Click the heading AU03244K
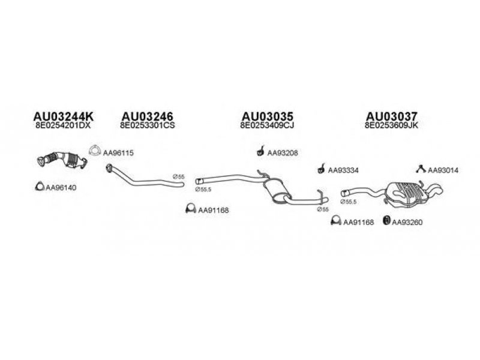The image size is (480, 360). coord(59,116)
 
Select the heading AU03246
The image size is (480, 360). coord(147,116)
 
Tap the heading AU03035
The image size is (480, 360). coord(267,116)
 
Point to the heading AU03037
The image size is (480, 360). coord(392,116)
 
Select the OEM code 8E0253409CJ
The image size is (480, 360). coord(267,126)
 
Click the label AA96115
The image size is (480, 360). coord(118,153)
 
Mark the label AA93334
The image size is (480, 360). coord(343,170)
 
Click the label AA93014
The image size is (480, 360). coord(443,170)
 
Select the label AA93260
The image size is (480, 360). coord(407,223)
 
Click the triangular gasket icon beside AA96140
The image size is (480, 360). coord(38,187)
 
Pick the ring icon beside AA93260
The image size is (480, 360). coord(386,221)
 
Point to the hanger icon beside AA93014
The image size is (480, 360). coord(421,169)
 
